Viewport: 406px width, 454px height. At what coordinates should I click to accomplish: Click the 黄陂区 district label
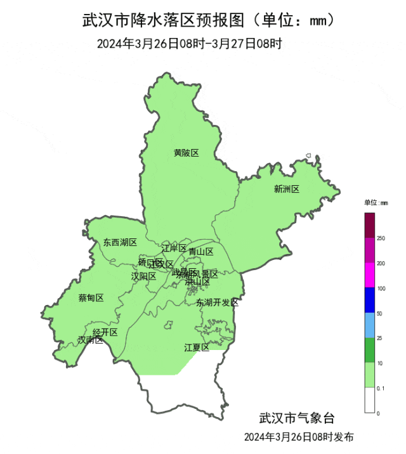click(x=187, y=153)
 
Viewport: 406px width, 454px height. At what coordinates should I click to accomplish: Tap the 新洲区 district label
click(x=286, y=188)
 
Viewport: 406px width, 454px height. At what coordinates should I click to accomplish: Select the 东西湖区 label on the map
click(x=120, y=242)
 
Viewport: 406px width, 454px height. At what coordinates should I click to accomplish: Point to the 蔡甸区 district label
click(x=91, y=297)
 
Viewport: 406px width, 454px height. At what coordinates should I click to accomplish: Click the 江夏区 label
click(x=197, y=347)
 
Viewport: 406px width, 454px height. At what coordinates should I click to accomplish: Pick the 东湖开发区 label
click(x=217, y=302)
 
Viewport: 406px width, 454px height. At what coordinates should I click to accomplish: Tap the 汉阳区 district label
click(x=143, y=276)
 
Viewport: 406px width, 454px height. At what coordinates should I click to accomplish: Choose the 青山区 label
click(x=200, y=251)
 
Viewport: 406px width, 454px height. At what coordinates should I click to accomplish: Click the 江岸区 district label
click(x=174, y=247)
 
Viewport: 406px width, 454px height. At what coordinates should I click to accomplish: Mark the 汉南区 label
click(x=90, y=340)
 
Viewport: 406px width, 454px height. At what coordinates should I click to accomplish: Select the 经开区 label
click(x=105, y=332)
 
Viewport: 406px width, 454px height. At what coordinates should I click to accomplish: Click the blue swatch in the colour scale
click(x=370, y=301)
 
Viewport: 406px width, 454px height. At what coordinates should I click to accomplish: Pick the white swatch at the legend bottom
click(x=370, y=400)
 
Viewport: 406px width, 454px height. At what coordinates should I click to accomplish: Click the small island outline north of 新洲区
click(x=308, y=156)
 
